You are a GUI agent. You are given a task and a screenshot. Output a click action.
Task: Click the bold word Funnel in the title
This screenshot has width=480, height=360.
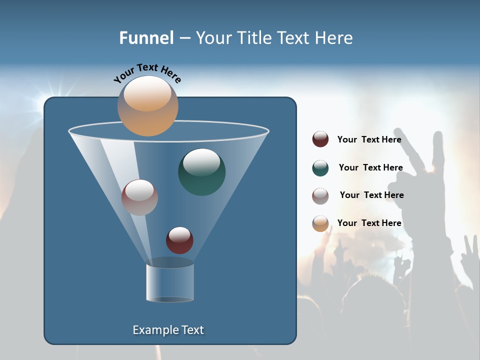pyautogui.click(x=146, y=38)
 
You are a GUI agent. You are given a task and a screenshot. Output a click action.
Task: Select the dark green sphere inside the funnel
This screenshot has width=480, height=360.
pyautogui.click(x=202, y=172)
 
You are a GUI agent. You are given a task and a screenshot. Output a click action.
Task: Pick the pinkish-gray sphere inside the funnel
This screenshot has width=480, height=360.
pyautogui.click(x=139, y=197)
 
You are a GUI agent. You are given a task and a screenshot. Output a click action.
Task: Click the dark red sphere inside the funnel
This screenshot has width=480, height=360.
pyautogui.click(x=179, y=240)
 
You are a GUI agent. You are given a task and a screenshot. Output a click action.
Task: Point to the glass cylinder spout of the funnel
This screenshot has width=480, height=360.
pyautogui.click(x=170, y=282)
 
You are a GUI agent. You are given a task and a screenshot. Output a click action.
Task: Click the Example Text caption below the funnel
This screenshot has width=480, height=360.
pyautogui.click(x=168, y=330)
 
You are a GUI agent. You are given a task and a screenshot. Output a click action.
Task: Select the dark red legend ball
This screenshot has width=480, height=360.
pyautogui.click(x=320, y=139)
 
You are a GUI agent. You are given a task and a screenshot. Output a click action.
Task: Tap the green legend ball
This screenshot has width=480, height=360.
pyautogui.click(x=320, y=168)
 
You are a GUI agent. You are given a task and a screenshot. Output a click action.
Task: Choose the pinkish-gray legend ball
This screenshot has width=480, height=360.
pyautogui.click(x=320, y=196)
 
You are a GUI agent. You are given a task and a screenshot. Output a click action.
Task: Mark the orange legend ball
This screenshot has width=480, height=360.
pyautogui.click(x=320, y=223)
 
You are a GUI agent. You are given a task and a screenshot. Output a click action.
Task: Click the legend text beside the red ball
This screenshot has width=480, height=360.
pyautogui.click(x=369, y=140)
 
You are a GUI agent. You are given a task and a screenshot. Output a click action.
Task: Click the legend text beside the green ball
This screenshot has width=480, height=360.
pyautogui.click(x=370, y=168)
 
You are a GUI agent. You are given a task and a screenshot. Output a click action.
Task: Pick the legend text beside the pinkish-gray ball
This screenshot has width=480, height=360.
pyautogui.click(x=371, y=195)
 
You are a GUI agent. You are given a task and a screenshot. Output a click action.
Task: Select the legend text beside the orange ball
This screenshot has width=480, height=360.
pyautogui.click(x=369, y=223)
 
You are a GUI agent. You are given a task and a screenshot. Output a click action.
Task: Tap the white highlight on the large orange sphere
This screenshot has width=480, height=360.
pyautogui.click(x=147, y=94)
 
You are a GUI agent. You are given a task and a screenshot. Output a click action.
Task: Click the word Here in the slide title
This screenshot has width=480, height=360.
pyautogui.click(x=334, y=38)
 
